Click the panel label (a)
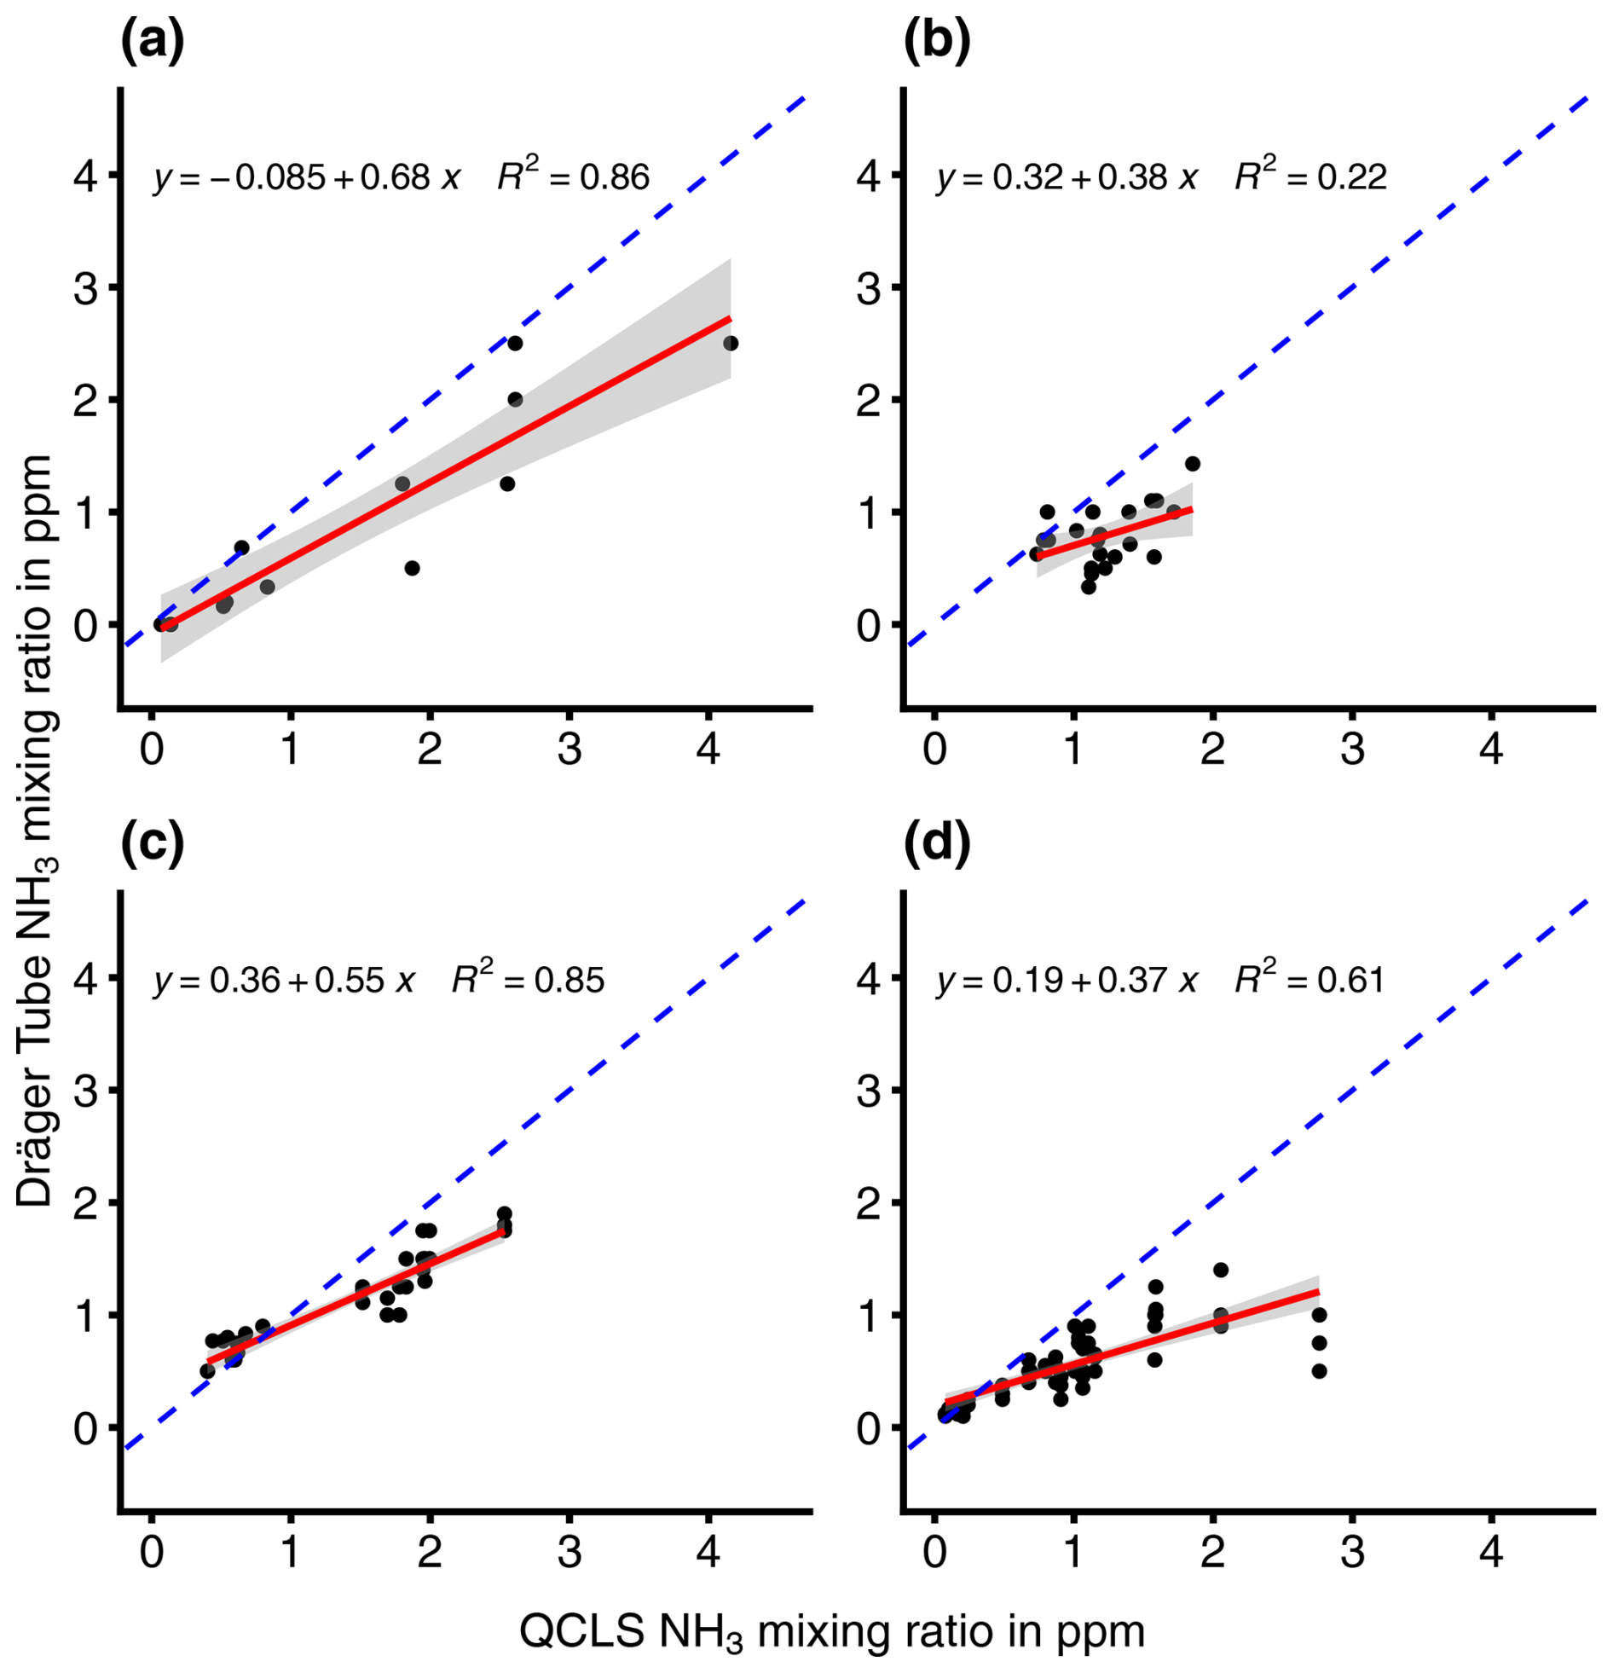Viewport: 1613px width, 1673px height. click(152, 43)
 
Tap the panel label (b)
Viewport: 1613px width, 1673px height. click(936, 43)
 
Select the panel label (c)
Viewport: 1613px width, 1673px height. click(152, 845)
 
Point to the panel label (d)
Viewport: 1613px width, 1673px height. click(936, 845)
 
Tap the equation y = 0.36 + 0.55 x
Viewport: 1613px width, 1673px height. click(284, 980)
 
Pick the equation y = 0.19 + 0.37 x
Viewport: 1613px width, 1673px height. click(1067, 980)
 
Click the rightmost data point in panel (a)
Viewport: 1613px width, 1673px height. click(731, 343)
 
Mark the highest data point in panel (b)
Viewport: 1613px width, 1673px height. click(1192, 464)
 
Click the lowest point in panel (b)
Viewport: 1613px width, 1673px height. click(1088, 587)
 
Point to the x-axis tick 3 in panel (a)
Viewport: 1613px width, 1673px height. click(569, 750)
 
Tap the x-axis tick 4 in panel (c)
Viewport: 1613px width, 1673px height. click(708, 1552)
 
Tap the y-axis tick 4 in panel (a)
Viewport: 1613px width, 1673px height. click(85, 176)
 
